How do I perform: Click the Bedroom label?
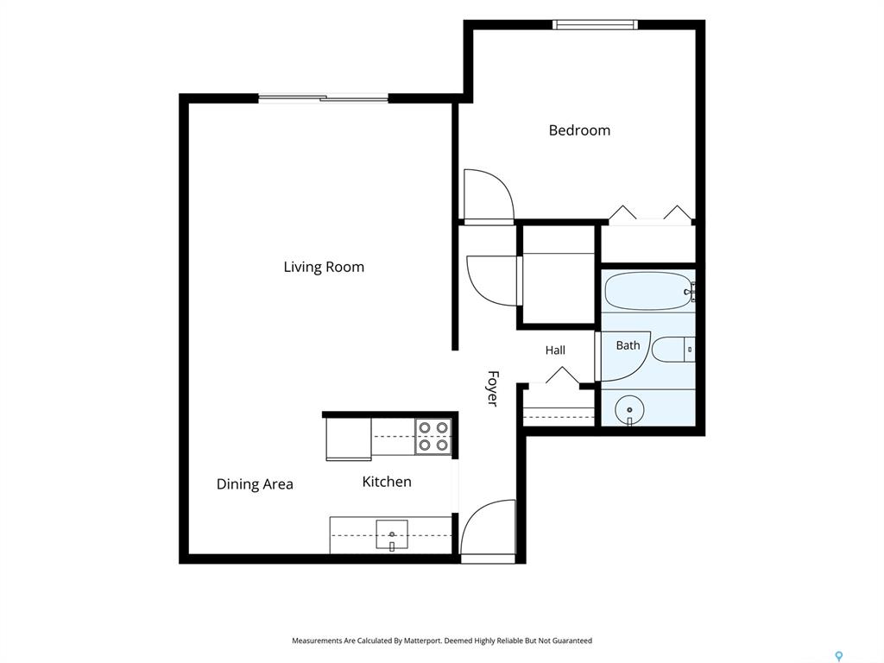(x=579, y=130)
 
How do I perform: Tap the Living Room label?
(x=324, y=267)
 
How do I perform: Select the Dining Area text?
(x=255, y=484)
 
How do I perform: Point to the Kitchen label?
(x=387, y=482)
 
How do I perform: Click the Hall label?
(x=555, y=350)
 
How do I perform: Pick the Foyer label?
(x=492, y=388)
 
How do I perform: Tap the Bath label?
(x=628, y=345)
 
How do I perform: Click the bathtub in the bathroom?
(x=649, y=291)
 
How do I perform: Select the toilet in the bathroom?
(x=673, y=350)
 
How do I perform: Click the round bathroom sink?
(x=629, y=408)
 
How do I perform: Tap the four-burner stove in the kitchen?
(x=433, y=437)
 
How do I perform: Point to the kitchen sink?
(x=392, y=534)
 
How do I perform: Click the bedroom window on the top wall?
(x=595, y=24)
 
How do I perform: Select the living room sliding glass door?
(x=324, y=98)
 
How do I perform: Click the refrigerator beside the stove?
(x=349, y=439)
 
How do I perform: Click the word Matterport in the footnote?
(x=422, y=641)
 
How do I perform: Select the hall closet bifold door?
(x=562, y=375)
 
